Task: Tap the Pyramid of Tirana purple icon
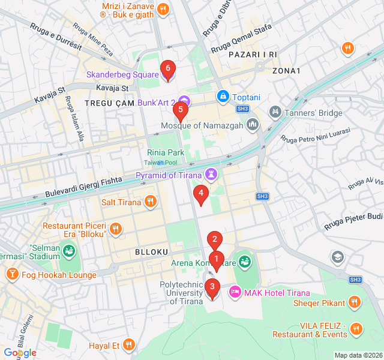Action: pos(211,175)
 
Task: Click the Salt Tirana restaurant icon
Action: pos(151,202)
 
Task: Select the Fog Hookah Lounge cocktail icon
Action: pos(12,275)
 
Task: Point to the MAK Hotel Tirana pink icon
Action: pos(235,292)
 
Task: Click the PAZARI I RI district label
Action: pos(253,55)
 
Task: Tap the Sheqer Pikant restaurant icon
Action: pos(355,302)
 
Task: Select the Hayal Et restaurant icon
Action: pos(128,345)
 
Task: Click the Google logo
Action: pos(20,352)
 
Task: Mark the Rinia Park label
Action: pos(166,153)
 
